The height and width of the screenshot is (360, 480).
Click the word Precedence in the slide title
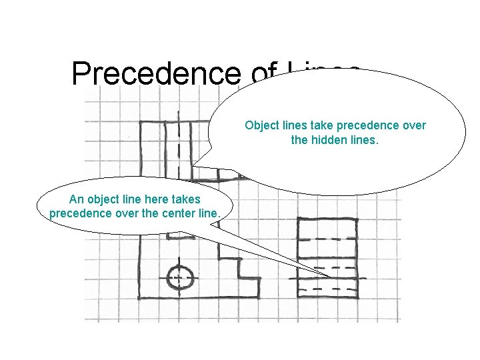click(x=155, y=73)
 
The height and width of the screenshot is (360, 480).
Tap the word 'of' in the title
click(x=265, y=73)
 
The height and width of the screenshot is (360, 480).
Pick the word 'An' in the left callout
click(x=76, y=199)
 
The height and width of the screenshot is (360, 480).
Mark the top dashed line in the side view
click(x=327, y=239)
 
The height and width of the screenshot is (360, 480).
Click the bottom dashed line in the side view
click(x=327, y=289)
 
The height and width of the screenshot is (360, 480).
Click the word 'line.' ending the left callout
click(x=209, y=213)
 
